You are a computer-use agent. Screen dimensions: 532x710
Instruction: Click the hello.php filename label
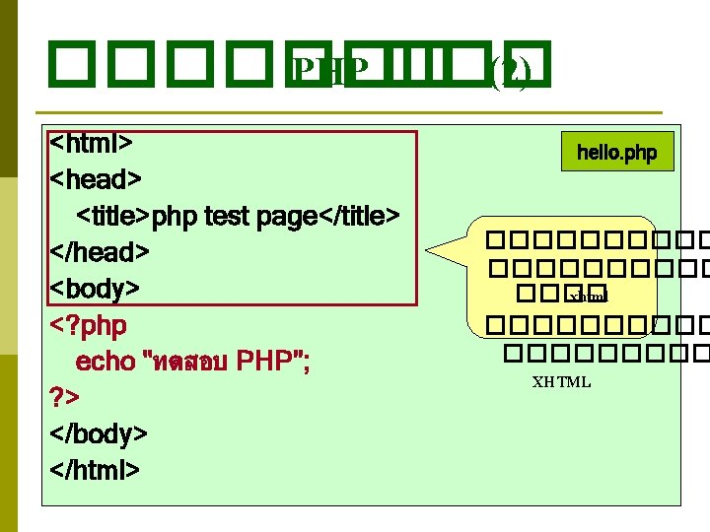click(x=617, y=153)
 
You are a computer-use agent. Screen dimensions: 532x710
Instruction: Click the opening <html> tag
click(x=92, y=143)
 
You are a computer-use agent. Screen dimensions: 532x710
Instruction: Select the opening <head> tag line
click(x=96, y=179)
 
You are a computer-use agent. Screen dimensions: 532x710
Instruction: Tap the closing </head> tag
click(x=100, y=252)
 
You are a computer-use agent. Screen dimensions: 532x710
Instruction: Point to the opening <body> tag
click(x=95, y=289)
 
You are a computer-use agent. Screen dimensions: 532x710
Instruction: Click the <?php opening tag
click(x=89, y=325)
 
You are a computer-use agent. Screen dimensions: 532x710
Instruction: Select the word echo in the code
click(x=106, y=362)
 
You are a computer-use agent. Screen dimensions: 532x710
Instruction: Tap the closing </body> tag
click(x=99, y=433)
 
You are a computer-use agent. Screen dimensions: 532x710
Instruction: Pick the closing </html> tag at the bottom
click(x=95, y=470)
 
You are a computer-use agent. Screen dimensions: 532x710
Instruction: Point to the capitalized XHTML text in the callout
click(x=561, y=382)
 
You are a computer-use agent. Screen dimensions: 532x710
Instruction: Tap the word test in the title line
click(x=227, y=216)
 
